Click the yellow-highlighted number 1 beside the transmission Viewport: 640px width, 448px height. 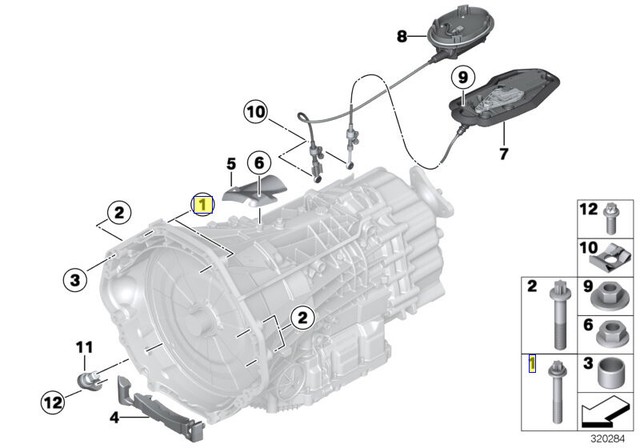click(x=203, y=206)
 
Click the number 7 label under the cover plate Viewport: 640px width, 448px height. click(x=503, y=155)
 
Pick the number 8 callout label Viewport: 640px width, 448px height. click(x=402, y=37)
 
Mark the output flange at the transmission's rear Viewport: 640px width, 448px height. click(x=440, y=189)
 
